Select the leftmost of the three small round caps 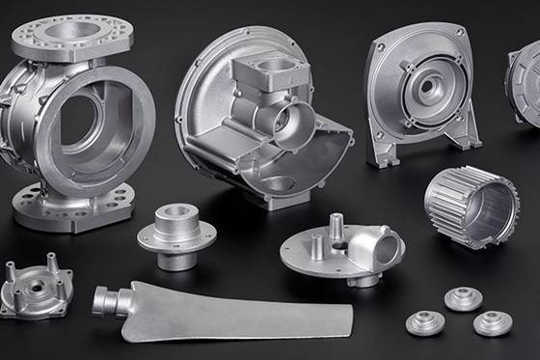click(x=423, y=323)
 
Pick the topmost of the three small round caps click(x=463, y=298)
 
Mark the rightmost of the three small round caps click(x=493, y=323)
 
